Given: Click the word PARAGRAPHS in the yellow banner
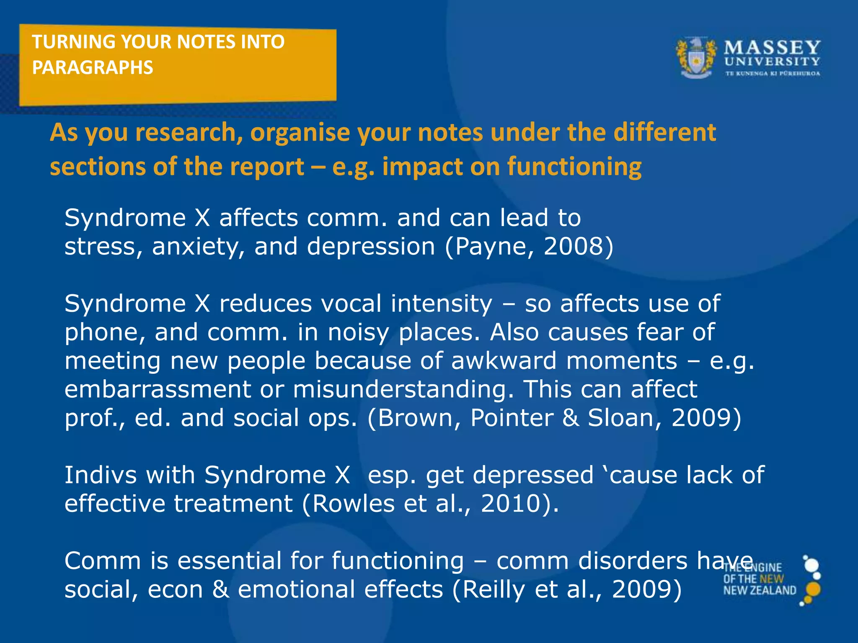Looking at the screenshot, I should point(93,68).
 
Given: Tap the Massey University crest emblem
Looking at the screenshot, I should point(695,59).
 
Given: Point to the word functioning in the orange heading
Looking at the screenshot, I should point(574,167).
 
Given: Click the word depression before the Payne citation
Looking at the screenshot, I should point(371,247).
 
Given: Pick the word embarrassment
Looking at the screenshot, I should point(158,389).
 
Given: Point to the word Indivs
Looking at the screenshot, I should point(100,475).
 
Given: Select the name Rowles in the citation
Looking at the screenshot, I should point(353,504).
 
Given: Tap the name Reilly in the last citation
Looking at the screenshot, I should point(494,590).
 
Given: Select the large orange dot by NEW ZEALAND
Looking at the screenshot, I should point(813,589).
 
